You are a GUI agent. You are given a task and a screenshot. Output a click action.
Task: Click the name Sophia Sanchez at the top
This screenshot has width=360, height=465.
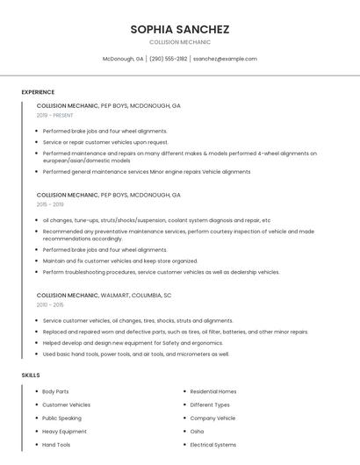click(180, 29)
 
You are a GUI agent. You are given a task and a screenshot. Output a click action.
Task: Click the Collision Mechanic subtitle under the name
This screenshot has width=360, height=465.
click(180, 42)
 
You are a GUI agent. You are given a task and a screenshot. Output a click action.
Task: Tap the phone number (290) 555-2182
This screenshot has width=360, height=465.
click(168, 59)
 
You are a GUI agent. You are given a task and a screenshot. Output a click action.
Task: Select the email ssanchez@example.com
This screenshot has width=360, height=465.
click(225, 59)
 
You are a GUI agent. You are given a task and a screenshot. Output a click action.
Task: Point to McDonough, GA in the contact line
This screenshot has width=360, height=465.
click(123, 59)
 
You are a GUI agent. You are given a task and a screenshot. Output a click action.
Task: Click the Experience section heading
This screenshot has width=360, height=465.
click(38, 92)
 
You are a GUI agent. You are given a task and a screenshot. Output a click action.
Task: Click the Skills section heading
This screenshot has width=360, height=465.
click(31, 375)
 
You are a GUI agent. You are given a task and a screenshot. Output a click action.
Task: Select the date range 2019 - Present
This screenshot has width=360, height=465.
click(54, 115)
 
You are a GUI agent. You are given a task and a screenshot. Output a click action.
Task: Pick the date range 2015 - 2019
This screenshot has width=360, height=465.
click(50, 204)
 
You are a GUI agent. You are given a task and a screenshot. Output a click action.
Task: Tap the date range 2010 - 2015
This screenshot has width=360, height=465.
click(50, 304)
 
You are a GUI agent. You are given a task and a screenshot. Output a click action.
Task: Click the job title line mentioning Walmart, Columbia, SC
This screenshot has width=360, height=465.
click(104, 295)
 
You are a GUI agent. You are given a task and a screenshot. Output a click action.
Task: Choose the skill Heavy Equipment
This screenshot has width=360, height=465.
click(64, 432)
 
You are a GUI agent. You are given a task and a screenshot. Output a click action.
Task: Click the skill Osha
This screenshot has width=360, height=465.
click(197, 432)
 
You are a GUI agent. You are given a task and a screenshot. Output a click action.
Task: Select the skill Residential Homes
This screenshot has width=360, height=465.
click(213, 391)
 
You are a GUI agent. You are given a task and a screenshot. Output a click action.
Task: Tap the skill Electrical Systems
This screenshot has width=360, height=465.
click(213, 445)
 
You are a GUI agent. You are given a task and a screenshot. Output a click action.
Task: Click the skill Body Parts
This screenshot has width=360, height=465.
click(55, 391)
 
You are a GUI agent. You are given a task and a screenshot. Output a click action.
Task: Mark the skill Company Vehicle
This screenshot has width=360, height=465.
click(212, 418)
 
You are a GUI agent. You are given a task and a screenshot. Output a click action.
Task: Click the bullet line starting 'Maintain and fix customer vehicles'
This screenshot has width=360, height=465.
click(120, 261)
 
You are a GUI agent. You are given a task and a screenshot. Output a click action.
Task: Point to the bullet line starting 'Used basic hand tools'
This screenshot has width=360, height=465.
click(136, 354)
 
